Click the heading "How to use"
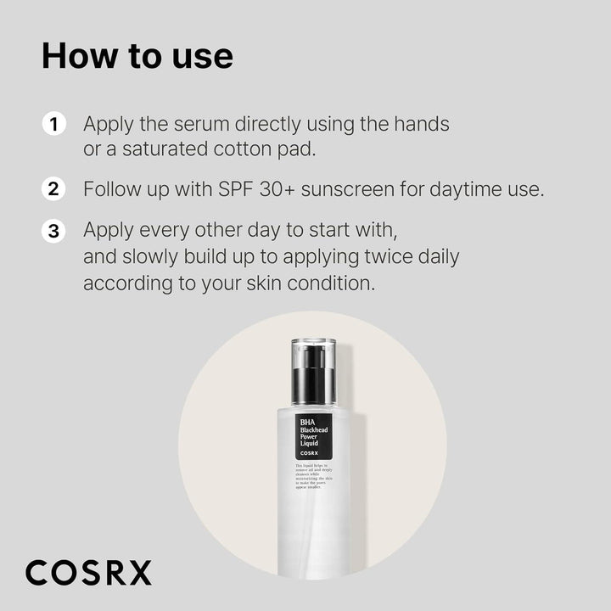[x=137, y=56]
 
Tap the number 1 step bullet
[x=53, y=124]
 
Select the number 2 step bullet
[x=53, y=188]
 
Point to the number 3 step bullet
[x=53, y=231]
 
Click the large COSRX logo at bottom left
[x=88, y=573]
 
